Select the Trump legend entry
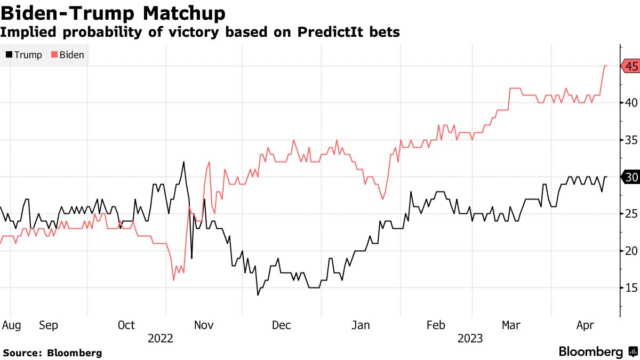23,54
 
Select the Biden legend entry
67,54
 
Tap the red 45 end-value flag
631,66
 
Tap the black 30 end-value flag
631,178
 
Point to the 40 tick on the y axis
631,103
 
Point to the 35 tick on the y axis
631,140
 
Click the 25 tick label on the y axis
631,214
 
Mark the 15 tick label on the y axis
631,289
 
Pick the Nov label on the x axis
204,325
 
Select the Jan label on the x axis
361,325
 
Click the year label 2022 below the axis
161,338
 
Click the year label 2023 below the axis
469,338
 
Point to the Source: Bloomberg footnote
52,353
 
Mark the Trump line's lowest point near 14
258,295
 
